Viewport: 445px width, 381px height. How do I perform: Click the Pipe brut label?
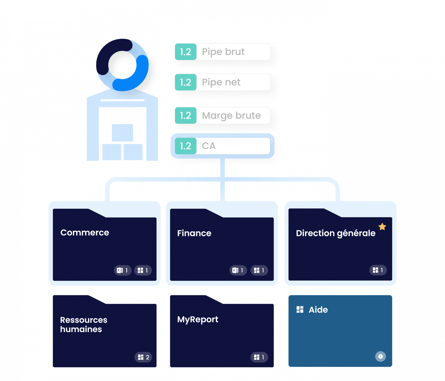[x=223, y=52]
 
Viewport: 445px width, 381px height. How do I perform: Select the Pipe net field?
[x=221, y=82]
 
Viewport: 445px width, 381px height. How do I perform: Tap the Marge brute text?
[x=231, y=116]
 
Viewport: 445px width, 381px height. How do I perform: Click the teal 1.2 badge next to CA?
[x=185, y=146]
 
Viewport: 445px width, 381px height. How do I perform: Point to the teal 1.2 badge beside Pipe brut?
[x=185, y=52]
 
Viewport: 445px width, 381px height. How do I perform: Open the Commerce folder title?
[x=85, y=232]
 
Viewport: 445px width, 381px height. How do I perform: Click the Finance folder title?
[x=194, y=233]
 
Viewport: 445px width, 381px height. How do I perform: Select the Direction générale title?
[x=335, y=233]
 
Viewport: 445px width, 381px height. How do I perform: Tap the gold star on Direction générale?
[x=382, y=226]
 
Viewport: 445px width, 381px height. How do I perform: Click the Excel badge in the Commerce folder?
[x=123, y=270]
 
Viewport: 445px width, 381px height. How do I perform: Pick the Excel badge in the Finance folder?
[x=238, y=270]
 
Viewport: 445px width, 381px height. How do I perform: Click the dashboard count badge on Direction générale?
[x=378, y=270]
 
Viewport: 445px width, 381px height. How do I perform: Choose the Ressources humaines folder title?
[x=83, y=324]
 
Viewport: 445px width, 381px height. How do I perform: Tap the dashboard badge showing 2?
[x=143, y=357]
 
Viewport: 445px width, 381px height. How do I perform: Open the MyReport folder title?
[x=198, y=319]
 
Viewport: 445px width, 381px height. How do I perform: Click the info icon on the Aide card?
[x=380, y=356]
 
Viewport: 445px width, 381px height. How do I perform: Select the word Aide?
[x=318, y=310]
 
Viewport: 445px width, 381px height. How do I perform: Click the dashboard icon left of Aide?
[x=300, y=309]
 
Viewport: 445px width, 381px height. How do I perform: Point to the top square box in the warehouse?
[x=122, y=133]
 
